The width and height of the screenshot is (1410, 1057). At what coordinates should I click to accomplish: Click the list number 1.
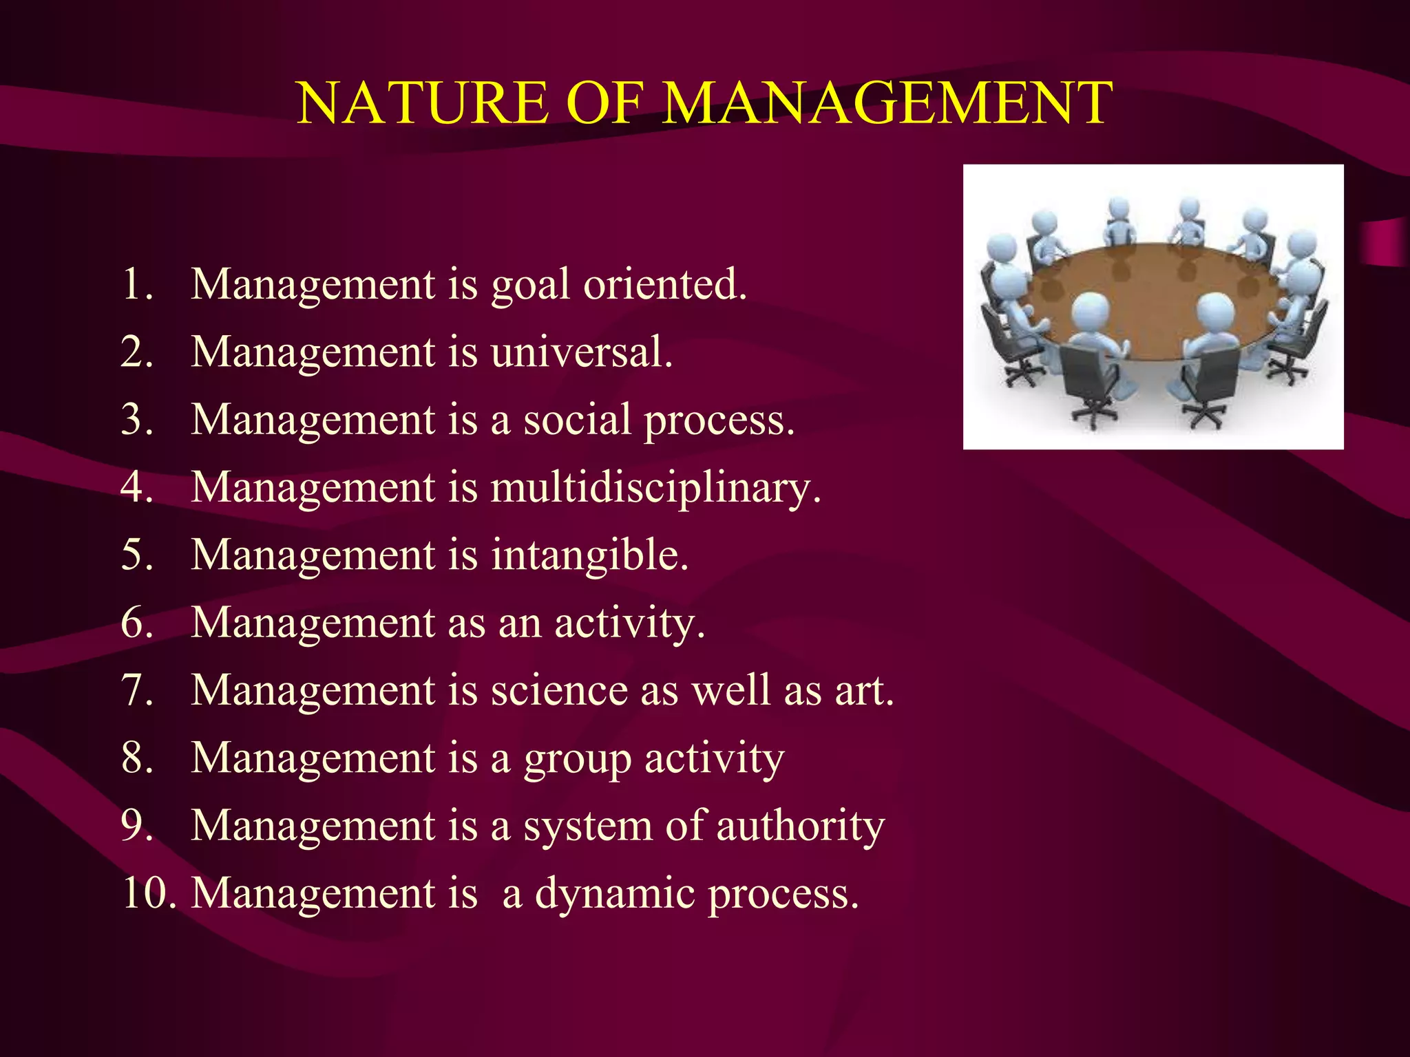pyautogui.click(x=136, y=284)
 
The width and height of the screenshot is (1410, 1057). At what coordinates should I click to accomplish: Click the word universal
pyautogui.click(x=581, y=352)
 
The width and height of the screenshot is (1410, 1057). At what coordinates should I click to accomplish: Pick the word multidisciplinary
pyautogui.click(x=655, y=488)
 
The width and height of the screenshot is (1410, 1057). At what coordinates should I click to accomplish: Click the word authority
pyautogui.click(x=800, y=826)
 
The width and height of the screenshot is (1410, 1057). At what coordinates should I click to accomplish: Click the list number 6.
pyautogui.click(x=136, y=623)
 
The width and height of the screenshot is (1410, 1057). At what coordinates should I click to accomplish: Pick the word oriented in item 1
pyautogui.click(x=664, y=284)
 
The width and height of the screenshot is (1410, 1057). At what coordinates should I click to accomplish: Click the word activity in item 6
pyautogui.click(x=629, y=624)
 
